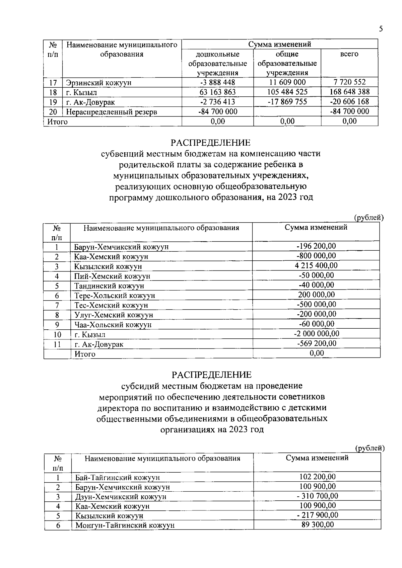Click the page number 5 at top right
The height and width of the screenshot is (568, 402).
pyautogui.click(x=381, y=29)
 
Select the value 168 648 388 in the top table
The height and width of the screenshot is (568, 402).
pyautogui.click(x=349, y=92)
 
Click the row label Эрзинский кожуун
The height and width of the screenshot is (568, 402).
pyautogui.click(x=99, y=83)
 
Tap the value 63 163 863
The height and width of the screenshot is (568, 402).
pyautogui.click(x=217, y=92)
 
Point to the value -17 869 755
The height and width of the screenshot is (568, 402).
pyautogui.click(x=287, y=102)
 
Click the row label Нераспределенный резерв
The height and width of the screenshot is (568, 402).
pyautogui.click(x=112, y=112)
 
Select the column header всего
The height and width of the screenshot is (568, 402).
pyautogui.click(x=349, y=54)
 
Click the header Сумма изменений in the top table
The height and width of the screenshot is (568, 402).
pyautogui.click(x=280, y=44)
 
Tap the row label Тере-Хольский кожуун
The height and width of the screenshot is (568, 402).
pyautogui.click(x=115, y=296)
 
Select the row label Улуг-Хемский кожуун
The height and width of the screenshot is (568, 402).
pyautogui.click(x=114, y=315)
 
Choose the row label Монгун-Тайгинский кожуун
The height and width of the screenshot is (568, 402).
pyautogui.click(x=125, y=525)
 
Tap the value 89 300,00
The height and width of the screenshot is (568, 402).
pyautogui.click(x=318, y=524)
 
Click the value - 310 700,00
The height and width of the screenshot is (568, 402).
pyautogui.click(x=318, y=496)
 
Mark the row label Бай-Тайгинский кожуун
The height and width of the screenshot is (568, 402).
pyautogui.click(x=118, y=477)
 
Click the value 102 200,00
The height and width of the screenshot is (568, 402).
pyautogui.click(x=318, y=477)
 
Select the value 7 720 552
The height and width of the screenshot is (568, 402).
pyautogui.click(x=349, y=82)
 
